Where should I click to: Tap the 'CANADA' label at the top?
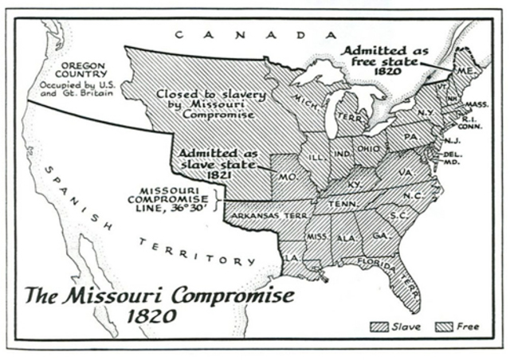pyautogui.click(x=252, y=34)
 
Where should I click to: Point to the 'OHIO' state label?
pyautogui.click(x=368, y=150)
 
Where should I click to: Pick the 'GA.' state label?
pyautogui.click(x=380, y=236)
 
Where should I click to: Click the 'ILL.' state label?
pyautogui.click(x=317, y=158)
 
